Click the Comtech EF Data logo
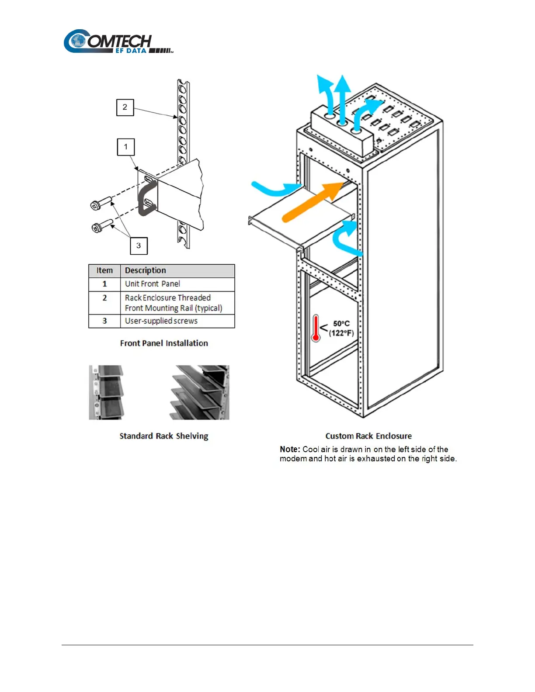point(118,42)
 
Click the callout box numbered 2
point(125,107)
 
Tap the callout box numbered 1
point(125,147)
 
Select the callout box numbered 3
point(139,246)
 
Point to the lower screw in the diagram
point(102,226)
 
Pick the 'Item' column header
point(104,271)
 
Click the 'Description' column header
point(146,271)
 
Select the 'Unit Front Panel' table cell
point(153,284)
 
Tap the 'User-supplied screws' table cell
point(161,321)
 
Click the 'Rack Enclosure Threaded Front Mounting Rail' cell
point(174,303)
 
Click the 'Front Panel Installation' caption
point(164,343)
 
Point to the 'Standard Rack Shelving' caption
point(164,436)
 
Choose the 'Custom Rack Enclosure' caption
point(368,436)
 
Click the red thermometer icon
point(316,328)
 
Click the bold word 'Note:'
point(290,450)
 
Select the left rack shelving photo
point(106,392)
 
